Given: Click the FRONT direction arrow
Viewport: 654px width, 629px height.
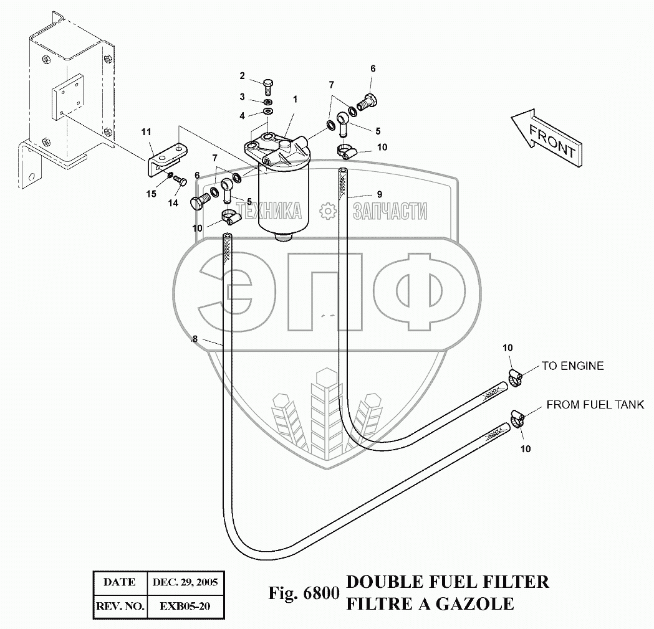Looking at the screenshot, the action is (x=547, y=138).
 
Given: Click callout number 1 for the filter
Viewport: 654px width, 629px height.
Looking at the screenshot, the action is (x=296, y=99).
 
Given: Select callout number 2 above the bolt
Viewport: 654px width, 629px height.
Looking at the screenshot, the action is (x=242, y=76).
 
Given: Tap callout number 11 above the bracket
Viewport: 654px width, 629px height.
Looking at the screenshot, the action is (x=146, y=132).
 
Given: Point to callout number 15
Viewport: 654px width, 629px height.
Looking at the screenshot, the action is (x=151, y=194).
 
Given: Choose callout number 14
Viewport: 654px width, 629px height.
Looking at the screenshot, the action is (x=173, y=203).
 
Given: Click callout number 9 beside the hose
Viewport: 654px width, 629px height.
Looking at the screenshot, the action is (x=379, y=194).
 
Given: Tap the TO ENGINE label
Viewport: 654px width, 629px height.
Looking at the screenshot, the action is (x=573, y=366).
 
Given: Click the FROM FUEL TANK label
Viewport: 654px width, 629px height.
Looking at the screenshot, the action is (x=595, y=404).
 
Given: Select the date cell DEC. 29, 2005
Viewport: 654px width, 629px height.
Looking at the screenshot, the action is (x=185, y=582).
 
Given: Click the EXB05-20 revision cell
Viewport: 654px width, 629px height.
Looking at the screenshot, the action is (x=185, y=606).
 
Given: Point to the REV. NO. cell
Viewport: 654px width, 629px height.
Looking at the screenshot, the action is (x=120, y=606).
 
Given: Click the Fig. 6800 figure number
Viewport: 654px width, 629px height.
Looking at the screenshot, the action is (x=304, y=593).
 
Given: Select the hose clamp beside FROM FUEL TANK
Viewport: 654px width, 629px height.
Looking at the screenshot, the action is (x=517, y=419).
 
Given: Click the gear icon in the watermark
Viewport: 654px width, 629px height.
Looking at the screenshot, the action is (x=328, y=211).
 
